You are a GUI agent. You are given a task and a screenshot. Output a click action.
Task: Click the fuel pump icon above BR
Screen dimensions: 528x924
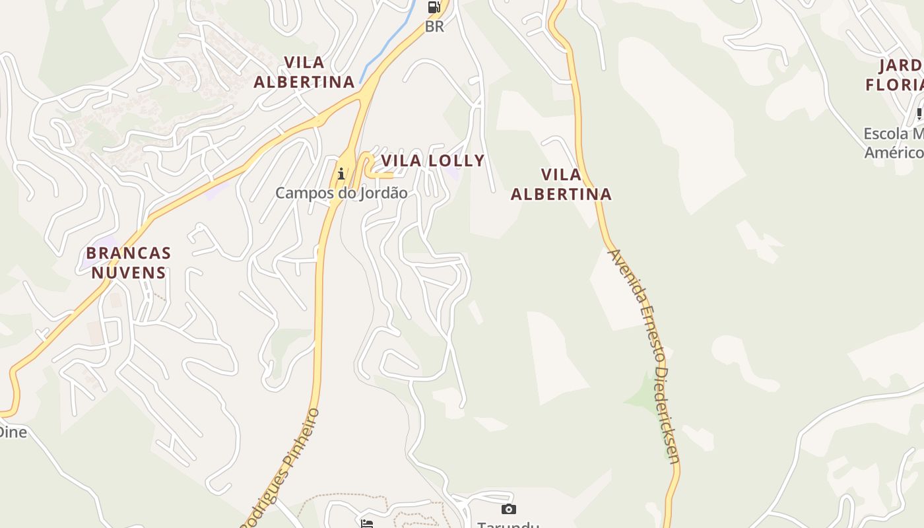point(434,7)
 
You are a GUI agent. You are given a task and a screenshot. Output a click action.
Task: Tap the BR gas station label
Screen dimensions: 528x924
point(434,27)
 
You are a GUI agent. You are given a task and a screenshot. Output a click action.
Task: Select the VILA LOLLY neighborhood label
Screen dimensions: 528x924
point(433,160)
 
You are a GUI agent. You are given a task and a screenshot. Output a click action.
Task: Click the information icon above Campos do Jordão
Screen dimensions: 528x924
point(341,174)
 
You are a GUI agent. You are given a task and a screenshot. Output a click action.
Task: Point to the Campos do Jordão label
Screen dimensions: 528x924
point(341,193)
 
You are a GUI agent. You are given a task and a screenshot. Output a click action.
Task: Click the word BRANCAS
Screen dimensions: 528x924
point(129,253)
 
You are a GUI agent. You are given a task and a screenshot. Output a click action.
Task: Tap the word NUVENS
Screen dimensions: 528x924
point(129,272)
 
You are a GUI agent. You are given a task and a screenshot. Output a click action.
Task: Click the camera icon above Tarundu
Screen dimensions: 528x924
point(508,509)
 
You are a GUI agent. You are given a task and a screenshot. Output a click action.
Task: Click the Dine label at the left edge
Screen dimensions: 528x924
point(13,432)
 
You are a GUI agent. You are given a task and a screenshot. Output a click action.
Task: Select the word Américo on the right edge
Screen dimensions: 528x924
point(894,152)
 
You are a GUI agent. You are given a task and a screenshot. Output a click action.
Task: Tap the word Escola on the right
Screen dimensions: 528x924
point(886,134)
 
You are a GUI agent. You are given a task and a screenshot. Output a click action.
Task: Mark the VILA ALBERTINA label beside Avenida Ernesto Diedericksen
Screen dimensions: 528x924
point(561,184)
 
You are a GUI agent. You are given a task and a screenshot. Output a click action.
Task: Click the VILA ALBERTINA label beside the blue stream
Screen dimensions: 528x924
point(304,72)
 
